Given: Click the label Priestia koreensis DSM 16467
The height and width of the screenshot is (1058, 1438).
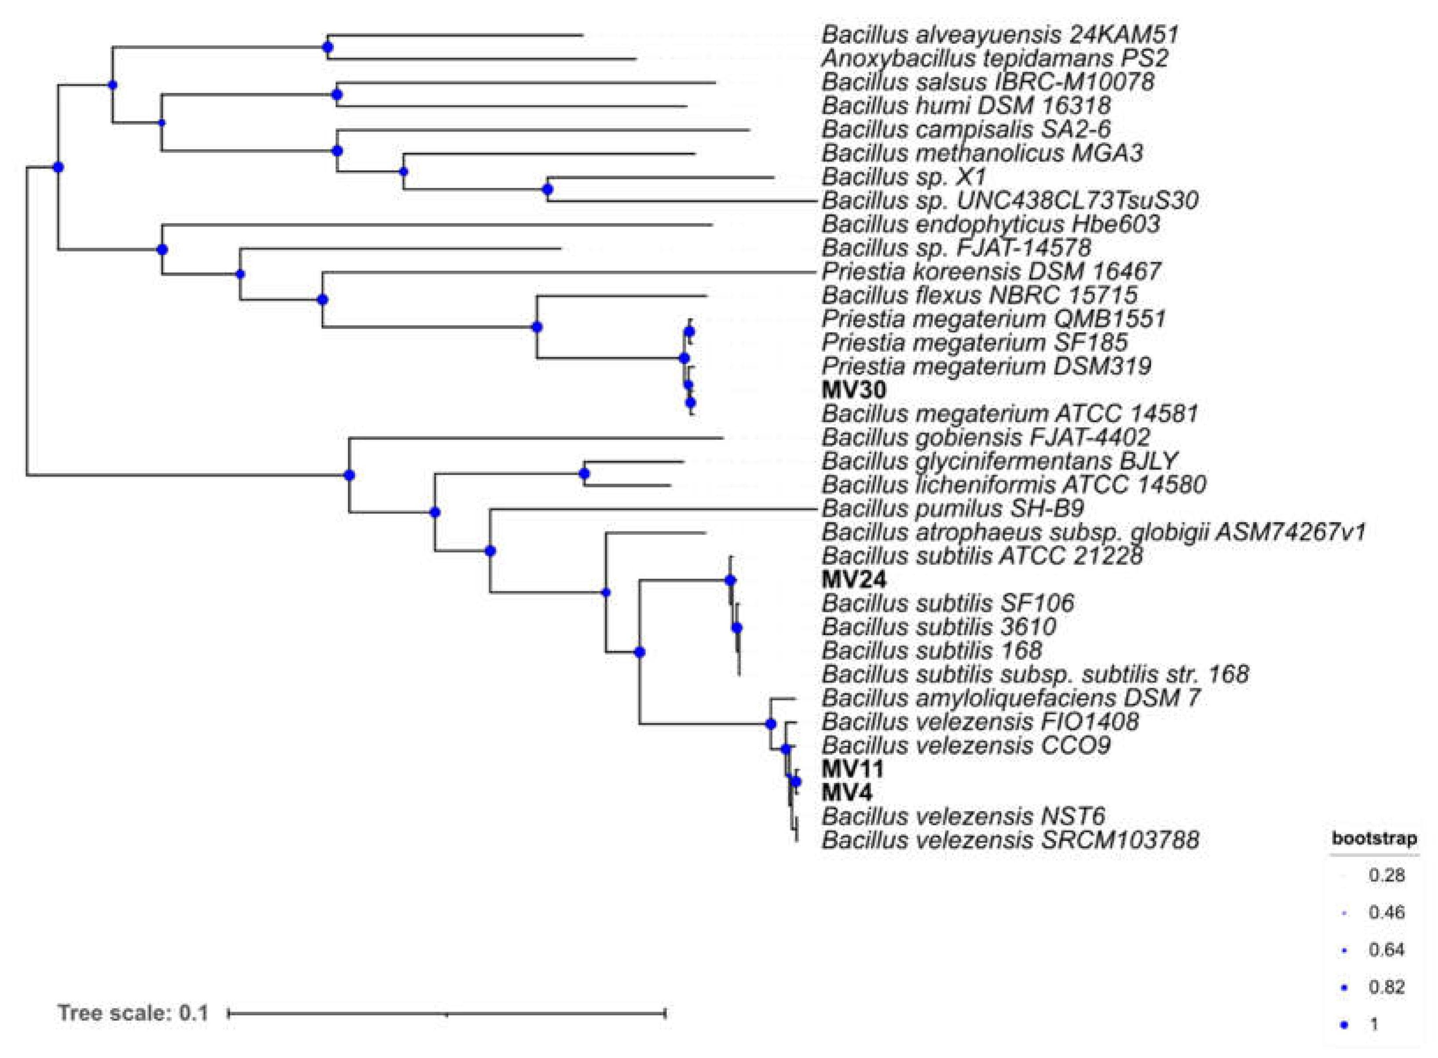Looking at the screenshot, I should (991, 271).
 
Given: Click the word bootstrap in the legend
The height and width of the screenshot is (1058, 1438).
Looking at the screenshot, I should (1374, 838).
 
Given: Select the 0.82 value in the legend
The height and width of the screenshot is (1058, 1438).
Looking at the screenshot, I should (1386, 987).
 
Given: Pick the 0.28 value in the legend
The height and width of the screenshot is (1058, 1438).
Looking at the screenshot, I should (1386, 875).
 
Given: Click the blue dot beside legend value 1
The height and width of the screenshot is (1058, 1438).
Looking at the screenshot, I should (1345, 1025).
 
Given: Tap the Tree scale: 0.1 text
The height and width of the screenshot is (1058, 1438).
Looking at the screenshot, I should (133, 1013).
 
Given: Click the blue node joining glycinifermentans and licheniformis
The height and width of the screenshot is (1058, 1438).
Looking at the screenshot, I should (584, 474).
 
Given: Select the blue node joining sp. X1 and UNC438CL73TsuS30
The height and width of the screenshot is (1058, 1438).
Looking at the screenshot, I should (547, 190).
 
